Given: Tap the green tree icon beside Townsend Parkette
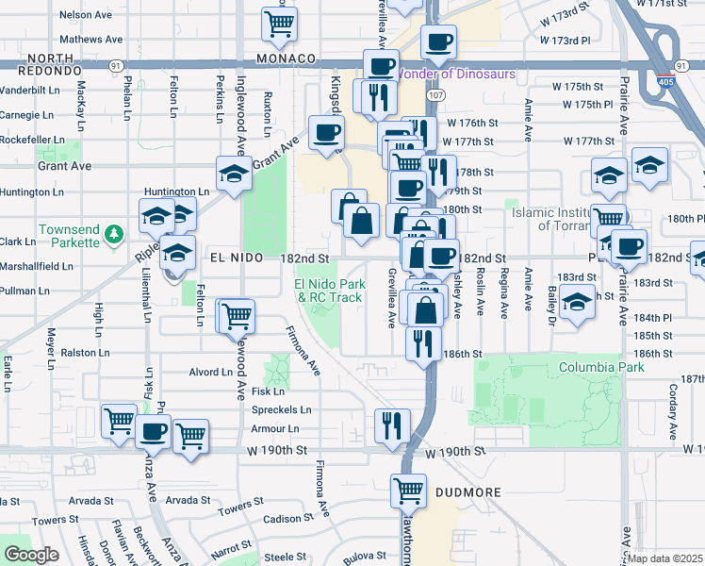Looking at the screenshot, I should (113, 232).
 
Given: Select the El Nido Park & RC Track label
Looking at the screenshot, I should (329, 291).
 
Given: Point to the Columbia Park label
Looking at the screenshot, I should (601, 366).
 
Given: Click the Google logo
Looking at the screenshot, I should (31, 555).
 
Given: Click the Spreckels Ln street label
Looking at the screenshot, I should (281, 409).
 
